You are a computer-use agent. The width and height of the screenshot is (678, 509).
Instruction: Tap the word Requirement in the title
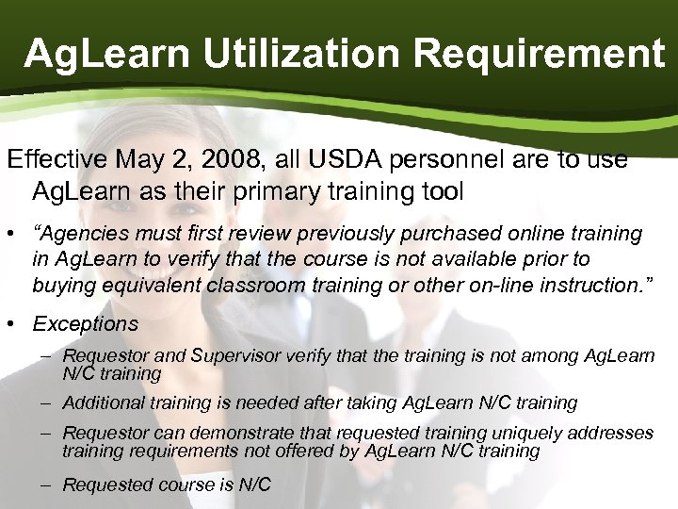(539, 54)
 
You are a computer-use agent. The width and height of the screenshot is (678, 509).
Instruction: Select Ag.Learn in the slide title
(105, 54)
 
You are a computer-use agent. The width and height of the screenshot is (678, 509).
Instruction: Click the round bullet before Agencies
(14, 234)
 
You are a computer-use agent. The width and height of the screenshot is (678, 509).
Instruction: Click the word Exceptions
(85, 324)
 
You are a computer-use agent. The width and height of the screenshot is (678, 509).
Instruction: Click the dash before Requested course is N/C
(46, 484)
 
